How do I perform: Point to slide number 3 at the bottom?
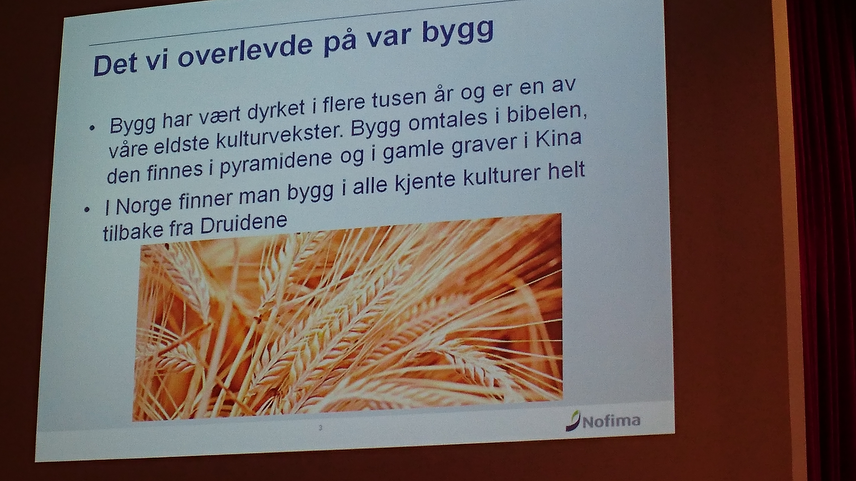pos(320,428)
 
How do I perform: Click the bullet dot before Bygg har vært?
pos(92,128)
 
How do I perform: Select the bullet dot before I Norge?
pos(87,210)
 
